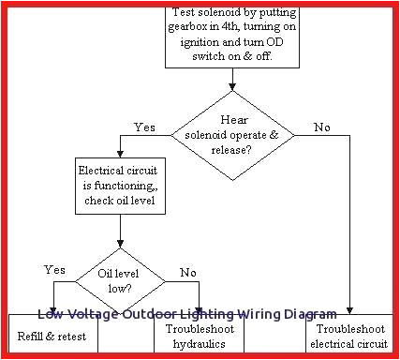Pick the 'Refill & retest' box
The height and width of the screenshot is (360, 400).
pyautogui.click(x=51, y=335)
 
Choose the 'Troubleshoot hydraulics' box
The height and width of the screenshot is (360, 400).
pyautogui.click(x=201, y=337)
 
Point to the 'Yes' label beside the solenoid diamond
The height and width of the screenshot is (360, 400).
pyautogui.click(x=145, y=126)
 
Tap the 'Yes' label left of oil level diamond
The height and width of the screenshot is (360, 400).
pyautogui.click(x=54, y=270)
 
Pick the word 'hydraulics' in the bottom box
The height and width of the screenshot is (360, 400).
pyautogui.click(x=201, y=344)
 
